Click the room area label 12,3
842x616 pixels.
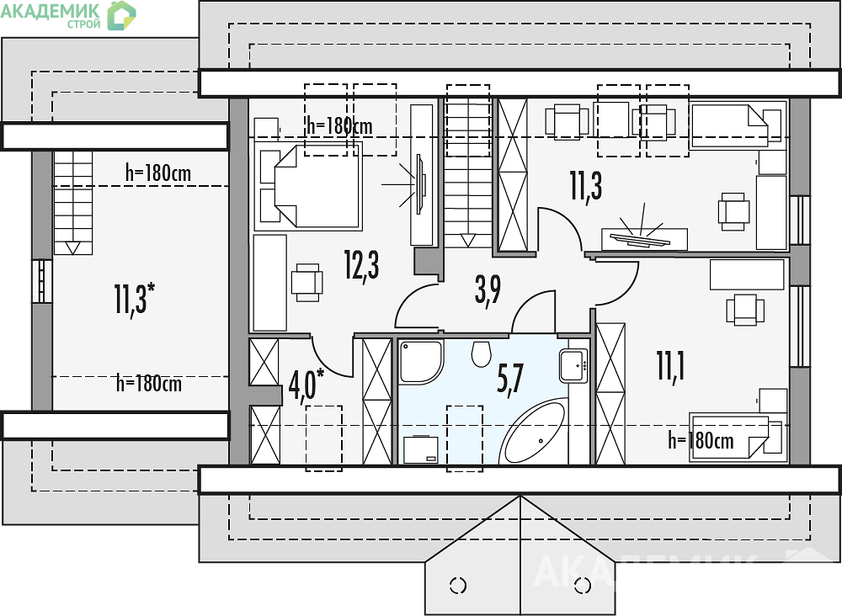click(x=362, y=266)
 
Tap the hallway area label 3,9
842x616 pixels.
click(x=488, y=290)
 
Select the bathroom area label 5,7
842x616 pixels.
click(x=510, y=379)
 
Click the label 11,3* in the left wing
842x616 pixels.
click(x=134, y=299)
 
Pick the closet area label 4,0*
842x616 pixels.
click(x=306, y=385)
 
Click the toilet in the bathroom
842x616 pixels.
click(x=482, y=353)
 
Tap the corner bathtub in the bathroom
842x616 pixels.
click(x=533, y=432)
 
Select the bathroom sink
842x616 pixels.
click(x=573, y=365)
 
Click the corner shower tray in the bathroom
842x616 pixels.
click(x=421, y=362)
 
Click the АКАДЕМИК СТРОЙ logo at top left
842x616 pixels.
click(x=68, y=15)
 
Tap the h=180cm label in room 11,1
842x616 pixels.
click(x=701, y=440)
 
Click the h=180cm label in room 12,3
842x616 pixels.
click(x=340, y=126)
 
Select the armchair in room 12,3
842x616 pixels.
click(x=306, y=282)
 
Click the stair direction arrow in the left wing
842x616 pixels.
click(x=72, y=247)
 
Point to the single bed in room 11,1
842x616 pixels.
click(x=737, y=437)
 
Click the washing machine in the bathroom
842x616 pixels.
click(x=421, y=449)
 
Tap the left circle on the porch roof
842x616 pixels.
click(x=458, y=586)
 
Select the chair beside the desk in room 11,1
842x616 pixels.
click(x=745, y=310)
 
